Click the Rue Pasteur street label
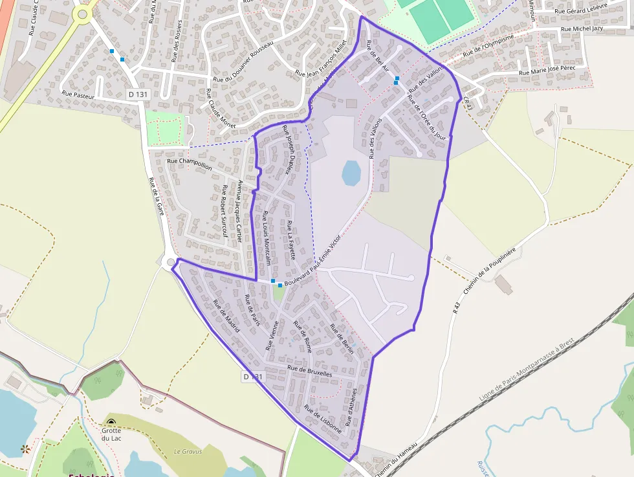78,94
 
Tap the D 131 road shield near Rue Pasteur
138,94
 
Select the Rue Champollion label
189,163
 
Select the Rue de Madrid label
226,318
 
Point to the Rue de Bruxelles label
309,371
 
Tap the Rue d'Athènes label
351,406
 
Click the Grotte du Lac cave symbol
111,423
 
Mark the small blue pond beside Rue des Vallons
351,173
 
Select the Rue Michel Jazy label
585,28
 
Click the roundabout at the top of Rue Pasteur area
82,14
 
